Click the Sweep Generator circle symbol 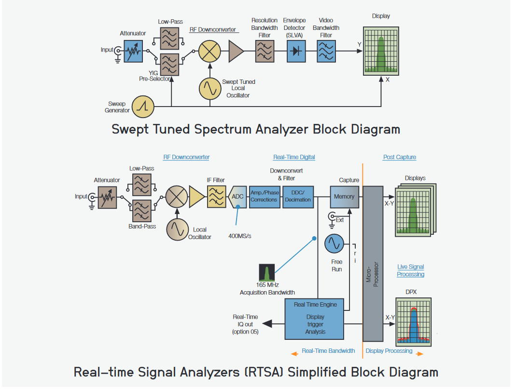point(143,107)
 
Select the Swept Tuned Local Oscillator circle point(210,87)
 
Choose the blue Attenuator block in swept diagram point(133,51)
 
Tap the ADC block point(237,197)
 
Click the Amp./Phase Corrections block point(264,197)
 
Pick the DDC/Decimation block point(298,197)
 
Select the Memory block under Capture point(344,197)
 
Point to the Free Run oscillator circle point(334,243)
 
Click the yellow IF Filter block point(216,197)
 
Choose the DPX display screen point(413,322)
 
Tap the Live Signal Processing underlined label point(410,270)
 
